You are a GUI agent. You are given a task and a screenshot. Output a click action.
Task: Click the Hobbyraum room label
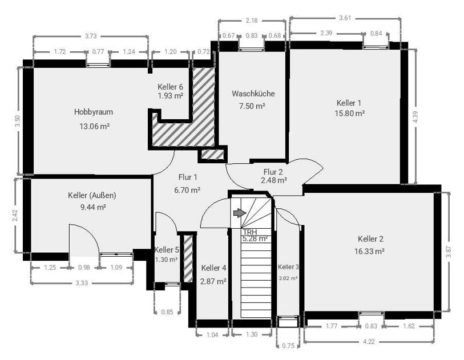91,112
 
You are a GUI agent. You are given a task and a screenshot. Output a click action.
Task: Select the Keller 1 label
349,103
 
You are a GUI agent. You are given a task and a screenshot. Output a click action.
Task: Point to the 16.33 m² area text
370,250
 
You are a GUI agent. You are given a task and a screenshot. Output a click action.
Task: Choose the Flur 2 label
273,171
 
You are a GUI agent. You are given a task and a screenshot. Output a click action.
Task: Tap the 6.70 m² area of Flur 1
187,190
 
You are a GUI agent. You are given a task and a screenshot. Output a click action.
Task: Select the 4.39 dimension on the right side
415,116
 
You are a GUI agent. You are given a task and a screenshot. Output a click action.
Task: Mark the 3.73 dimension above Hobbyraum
90,37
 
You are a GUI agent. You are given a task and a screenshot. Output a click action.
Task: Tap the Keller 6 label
170,87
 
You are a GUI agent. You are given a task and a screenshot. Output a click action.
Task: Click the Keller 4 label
213,268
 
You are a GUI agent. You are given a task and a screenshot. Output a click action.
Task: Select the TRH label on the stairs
249,232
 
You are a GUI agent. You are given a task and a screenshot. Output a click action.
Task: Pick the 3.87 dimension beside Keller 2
448,252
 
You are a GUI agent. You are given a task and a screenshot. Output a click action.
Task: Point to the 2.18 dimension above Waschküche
251,21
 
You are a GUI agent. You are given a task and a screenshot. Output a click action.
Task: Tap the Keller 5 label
167,250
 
